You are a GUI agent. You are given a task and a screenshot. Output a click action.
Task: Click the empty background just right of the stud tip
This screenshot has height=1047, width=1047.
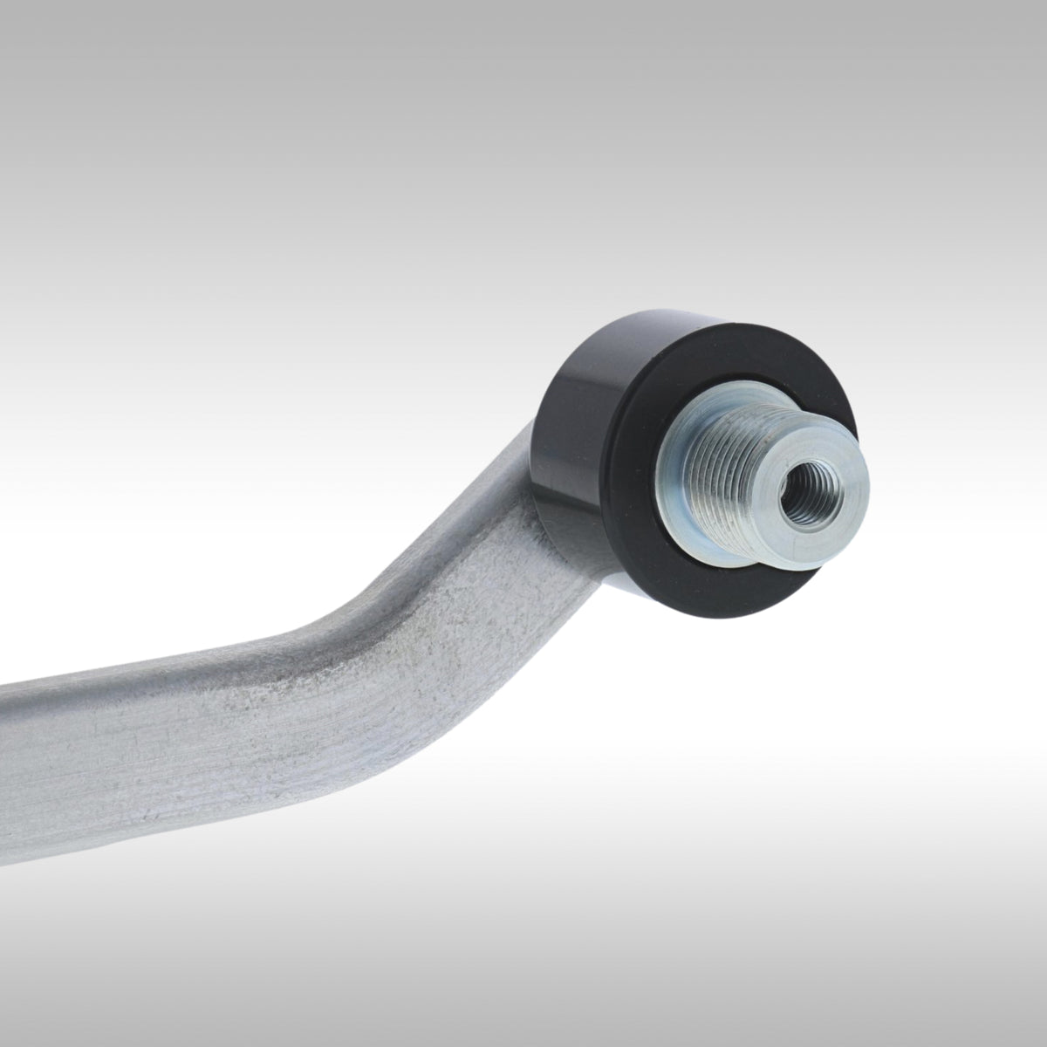(942, 497)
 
